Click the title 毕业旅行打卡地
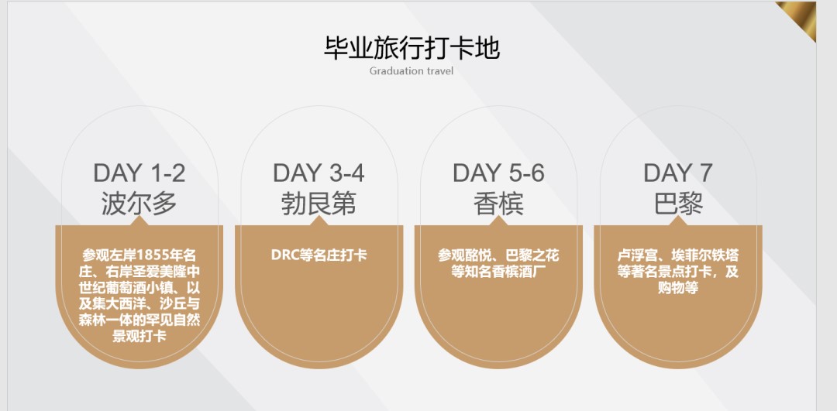(x=412, y=48)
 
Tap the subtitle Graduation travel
(x=412, y=71)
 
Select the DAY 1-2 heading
(x=139, y=173)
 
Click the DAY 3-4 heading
(x=319, y=173)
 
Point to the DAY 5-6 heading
(x=498, y=173)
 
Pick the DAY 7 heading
(x=678, y=173)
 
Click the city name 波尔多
(x=139, y=204)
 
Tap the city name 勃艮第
(x=319, y=204)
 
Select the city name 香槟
(x=498, y=204)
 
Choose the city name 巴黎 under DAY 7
(x=678, y=204)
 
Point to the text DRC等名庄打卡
(x=319, y=255)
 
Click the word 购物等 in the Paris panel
(x=678, y=288)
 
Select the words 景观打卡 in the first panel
(x=139, y=337)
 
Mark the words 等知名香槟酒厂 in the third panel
(x=498, y=272)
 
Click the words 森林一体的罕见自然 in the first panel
(x=139, y=320)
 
